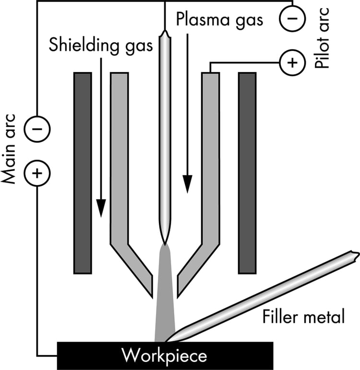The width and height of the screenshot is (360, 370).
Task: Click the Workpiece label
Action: pyautogui.click(x=164, y=356)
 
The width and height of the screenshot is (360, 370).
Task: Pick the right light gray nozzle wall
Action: pyautogui.click(x=210, y=159)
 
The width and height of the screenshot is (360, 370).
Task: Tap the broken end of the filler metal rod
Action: pyautogui.click(x=354, y=255)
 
